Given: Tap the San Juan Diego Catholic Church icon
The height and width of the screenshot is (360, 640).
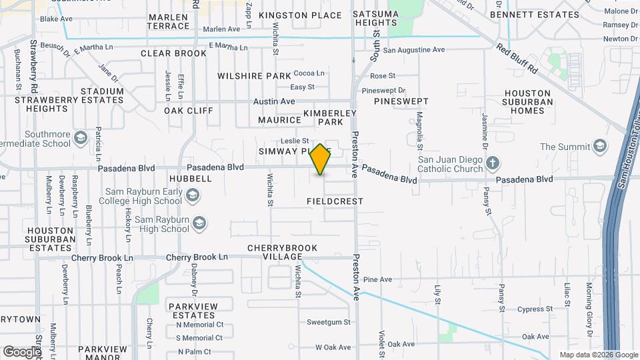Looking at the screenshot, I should click(x=492, y=163).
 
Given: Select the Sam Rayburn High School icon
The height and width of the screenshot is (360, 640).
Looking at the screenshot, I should click(x=199, y=224).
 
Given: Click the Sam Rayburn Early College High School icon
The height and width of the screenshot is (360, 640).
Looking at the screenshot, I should click(x=193, y=195).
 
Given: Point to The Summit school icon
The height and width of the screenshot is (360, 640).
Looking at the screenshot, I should click(x=600, y=147).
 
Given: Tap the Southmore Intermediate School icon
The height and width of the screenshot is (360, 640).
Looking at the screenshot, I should click(x=81, y=138).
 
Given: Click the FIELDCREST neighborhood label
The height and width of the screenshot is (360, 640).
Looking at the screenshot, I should click(x=335, y=201).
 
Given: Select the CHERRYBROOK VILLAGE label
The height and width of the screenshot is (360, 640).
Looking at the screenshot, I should click(x=283, y=252).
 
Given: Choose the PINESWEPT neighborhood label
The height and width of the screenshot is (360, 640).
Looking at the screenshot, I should click(x=401, y=101).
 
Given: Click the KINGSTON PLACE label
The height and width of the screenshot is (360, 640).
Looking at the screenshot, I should click(x=300, y=15).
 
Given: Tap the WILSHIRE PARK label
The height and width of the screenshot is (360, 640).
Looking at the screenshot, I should click(x=255, y=76).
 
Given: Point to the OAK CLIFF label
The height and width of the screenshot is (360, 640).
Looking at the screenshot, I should click(x=189, y=111).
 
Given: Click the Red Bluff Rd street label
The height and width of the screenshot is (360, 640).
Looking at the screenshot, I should click(x=517, y=59).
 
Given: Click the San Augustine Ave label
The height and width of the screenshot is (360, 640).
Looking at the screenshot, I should click(x=413, y=50).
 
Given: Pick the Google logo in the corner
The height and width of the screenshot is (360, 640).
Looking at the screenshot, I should click(x=22, y=351).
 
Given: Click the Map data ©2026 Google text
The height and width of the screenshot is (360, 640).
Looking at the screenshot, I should click(x=598, y=355).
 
